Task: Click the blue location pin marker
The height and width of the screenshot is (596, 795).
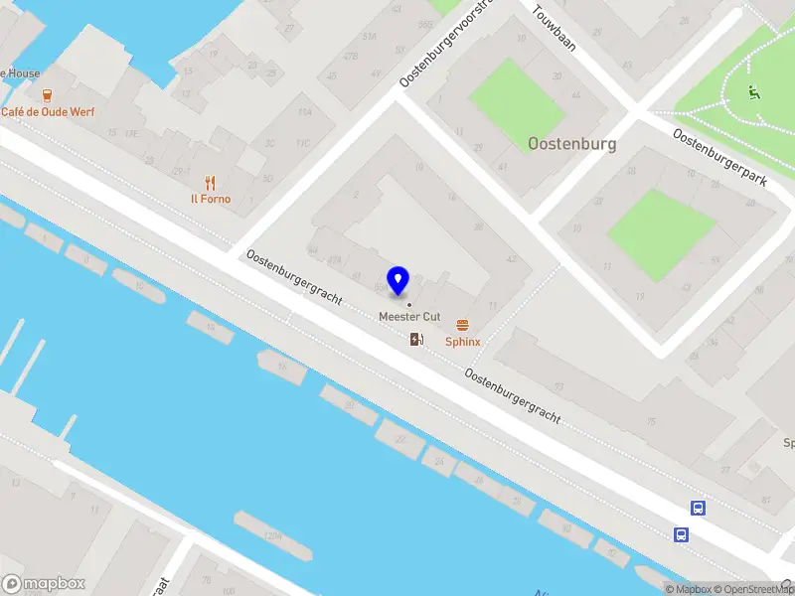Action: click(398, 280)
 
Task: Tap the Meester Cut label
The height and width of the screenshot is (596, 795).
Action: click(409, 316)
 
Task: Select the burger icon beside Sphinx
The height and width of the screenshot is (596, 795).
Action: click(462, 325)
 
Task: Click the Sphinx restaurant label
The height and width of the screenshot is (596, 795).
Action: click(462, 342)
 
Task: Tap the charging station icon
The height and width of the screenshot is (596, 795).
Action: click(416, 340)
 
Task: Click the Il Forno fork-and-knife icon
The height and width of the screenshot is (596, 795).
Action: click(210, 182)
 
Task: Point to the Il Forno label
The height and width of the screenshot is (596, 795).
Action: click(211, 199)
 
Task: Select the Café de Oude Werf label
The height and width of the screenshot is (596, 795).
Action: click(48, 111)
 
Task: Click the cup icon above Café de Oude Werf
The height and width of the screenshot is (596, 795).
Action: click(47, 95)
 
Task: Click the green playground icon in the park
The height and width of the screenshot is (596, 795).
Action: click(754, 93)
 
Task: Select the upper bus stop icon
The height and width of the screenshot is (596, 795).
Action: click(699, 509)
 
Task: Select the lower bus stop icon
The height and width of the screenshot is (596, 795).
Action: click(682, 534)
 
